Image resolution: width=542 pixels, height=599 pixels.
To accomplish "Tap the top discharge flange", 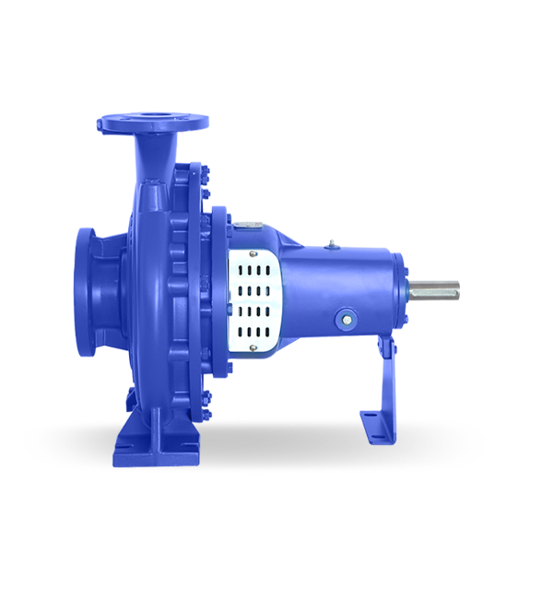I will tap(153, 122).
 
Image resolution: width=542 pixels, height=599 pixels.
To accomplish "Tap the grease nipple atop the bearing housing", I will tap(328, 244).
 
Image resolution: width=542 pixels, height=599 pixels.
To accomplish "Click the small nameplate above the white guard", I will tap(246, 224).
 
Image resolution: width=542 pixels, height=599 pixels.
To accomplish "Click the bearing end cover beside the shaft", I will tap(400, 288).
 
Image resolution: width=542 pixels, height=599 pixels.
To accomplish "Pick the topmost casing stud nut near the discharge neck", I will tap(194, 168).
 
